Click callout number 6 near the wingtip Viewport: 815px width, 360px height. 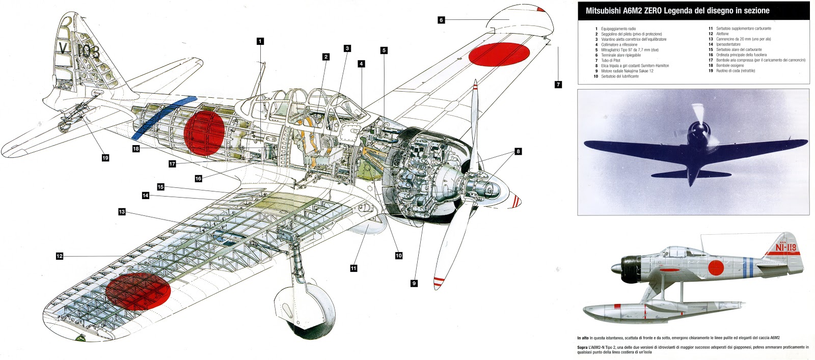pos(441,20)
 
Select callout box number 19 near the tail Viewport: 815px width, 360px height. pos(105,158)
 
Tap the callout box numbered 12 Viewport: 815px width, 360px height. pos(60,256)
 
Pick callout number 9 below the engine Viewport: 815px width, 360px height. pos(414,283)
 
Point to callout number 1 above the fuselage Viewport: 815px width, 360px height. pos(260,41)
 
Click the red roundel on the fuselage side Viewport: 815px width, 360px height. pos(204,133)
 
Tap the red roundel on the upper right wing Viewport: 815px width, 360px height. pos(499,54)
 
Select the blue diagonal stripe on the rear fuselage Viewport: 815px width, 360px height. pos(163,118)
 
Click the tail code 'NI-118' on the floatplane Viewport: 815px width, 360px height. pos(785,247)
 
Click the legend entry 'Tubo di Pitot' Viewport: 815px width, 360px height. pos(611,60)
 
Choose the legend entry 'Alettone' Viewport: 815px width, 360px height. pos(722,34)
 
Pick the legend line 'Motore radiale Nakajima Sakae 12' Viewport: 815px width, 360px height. pos(627,71)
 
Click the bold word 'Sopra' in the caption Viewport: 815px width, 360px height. pos(583,347)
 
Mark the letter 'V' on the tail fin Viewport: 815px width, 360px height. pos(64,48)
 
